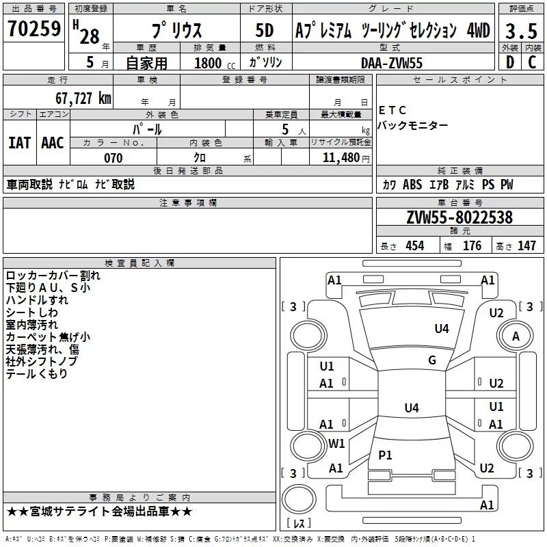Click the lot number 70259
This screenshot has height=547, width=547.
pos(34,29)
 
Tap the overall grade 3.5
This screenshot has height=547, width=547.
pos(521,31)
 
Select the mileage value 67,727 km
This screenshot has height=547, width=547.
pos(83,98)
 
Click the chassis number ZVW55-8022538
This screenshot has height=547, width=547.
pos(459,217)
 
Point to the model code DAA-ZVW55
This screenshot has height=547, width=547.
pos(391,63)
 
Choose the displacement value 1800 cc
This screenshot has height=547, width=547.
pos(215,63)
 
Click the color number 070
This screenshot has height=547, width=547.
pos(114,158)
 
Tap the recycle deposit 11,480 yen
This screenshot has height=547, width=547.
pos(346,158)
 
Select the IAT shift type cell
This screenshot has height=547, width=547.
pos(20,143)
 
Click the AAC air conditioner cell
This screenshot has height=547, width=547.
pos(53,143)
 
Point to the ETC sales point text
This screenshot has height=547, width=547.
pos(392,110)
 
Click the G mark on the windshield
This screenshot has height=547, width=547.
pos(432,360)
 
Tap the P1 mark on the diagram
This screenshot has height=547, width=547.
pos(385,455)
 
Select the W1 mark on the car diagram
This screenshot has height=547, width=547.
pos(336,443)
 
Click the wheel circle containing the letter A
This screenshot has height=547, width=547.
pos(516,336)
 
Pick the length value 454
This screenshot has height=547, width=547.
pos(415,245)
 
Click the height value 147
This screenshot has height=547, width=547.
pos(526,245)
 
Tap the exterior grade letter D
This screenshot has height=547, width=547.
pos(510,62)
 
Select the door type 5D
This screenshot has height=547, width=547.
pos(265,31)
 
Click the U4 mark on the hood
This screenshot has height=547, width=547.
pos(442,328)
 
